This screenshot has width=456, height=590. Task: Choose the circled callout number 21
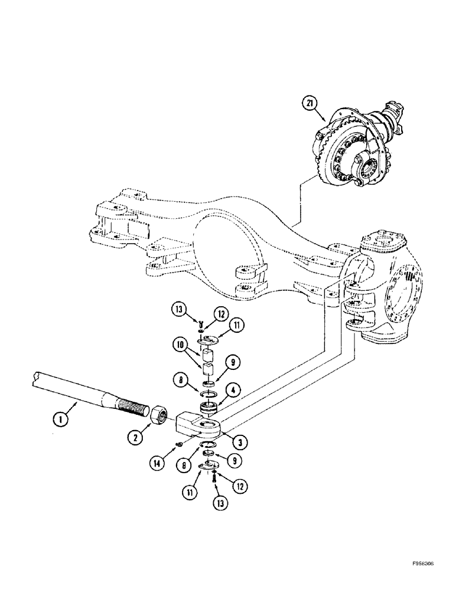tap(309, 103)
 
